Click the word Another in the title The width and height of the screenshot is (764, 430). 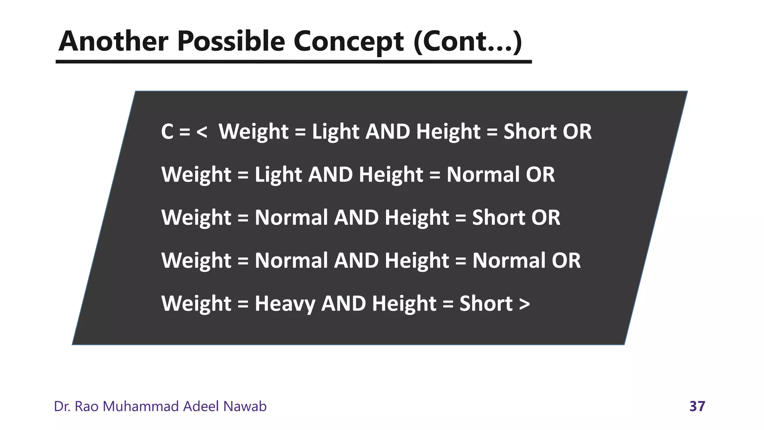coord(113,41)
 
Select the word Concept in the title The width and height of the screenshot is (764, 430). coord(348,41)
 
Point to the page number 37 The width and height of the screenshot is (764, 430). coord(697,406)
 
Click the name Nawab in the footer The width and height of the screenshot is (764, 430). coord(245,406)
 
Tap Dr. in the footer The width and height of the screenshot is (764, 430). coord(62,406)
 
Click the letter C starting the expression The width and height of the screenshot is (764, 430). coord(167,131)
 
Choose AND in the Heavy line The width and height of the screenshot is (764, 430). coord(344,303)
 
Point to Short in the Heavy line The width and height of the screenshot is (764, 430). coord(486,303)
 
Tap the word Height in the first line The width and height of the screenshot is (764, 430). coord(448,131)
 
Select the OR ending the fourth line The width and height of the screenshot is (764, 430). coord(566,260)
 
